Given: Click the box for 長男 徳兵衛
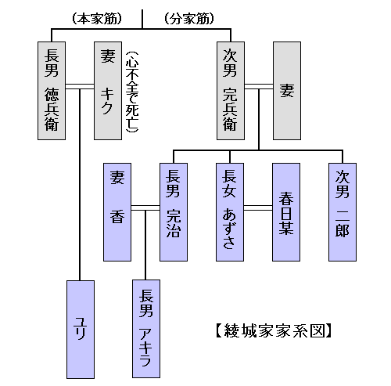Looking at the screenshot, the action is tap(52, 91).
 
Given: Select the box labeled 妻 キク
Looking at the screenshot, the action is tap(108, 91).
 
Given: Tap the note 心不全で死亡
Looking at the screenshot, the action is tap(132, 92).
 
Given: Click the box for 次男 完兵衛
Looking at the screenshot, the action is tap(231, 91).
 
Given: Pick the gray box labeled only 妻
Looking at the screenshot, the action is tap(287, 91).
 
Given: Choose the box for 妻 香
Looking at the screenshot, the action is tap(117, 212).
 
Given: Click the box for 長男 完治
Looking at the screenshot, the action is tap(174, 212).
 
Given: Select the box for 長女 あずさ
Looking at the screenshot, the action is tap(230, 212).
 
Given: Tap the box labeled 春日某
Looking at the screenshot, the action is tap(286, 212).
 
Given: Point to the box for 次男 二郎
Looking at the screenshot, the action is tap(343, 212).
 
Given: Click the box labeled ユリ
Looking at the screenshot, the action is tap(81, 330).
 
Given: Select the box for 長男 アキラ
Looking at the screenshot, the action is tap(146, 329).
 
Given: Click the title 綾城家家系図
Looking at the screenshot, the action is tap(274, 330).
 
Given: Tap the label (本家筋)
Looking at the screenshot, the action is tap(97, 19).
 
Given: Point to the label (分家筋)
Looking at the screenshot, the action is tap(189, 19).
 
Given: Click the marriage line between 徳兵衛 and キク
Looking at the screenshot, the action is tap(80, 87).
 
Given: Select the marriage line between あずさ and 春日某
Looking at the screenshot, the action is tap(258, 208).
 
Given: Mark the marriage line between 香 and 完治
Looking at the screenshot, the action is tap(145, 208).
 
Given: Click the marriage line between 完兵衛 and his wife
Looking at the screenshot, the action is tap(259, 87).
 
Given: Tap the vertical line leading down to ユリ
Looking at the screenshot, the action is tap(80, 185).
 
